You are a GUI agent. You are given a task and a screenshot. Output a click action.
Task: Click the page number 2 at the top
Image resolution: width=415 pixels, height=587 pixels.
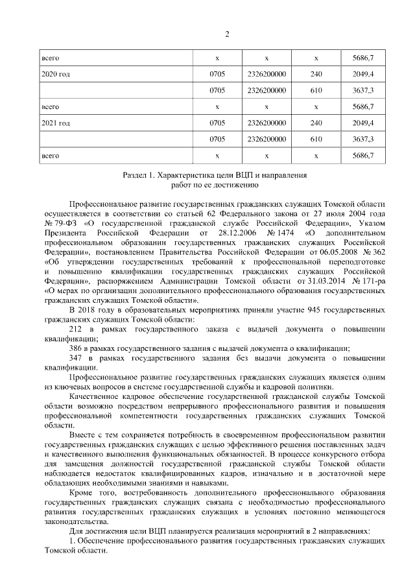(207, 34)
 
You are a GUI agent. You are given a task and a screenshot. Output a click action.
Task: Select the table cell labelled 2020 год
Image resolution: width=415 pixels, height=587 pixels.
(55, 74)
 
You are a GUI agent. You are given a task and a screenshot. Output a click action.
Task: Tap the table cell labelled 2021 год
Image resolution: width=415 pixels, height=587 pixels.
(55, 123)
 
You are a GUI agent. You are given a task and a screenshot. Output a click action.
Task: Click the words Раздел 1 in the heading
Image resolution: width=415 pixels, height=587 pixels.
(139, 175)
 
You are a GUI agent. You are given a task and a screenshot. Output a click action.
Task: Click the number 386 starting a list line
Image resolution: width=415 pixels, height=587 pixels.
(75, 348)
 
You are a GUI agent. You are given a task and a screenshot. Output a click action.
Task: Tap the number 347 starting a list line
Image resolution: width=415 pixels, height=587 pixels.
(75, 357)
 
